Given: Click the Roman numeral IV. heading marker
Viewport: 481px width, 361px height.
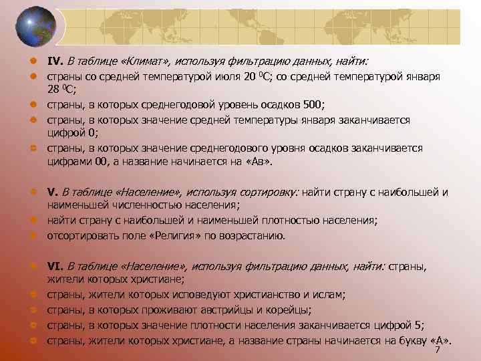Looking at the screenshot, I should click(x=55, y=62).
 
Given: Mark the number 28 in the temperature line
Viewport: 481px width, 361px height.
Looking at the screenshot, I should click(x=53, y=90).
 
